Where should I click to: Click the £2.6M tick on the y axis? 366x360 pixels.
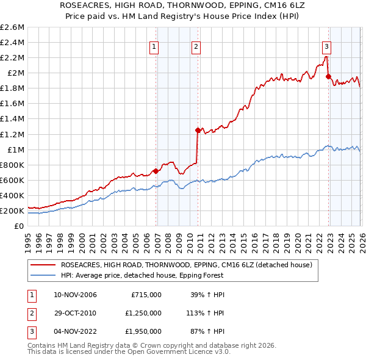[x=13, y=27]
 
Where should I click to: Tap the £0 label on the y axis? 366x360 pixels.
[x=19, y=226]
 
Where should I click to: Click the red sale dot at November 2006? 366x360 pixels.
[x=156, y=171]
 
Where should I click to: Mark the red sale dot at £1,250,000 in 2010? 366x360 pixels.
[x=198, y=130]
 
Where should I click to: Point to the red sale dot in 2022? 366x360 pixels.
[x=328, y=76]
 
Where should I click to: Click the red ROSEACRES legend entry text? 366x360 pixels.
[x=187, y=265]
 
